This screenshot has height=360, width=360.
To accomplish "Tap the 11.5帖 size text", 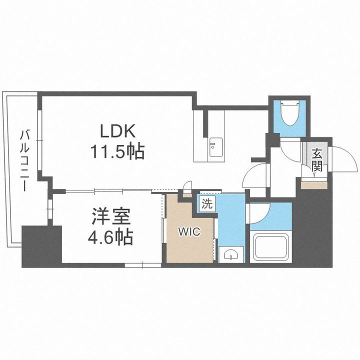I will (x=117, y=150).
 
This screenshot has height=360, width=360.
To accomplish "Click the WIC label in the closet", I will (x=189, y=232).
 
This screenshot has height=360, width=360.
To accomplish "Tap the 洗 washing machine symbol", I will (x=206, y=203).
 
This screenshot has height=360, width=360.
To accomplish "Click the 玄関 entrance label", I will (x=316, y=160).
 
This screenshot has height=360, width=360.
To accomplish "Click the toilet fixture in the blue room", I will (x=289, y=112).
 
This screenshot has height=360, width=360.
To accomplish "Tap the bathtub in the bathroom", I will (x=270, y=247).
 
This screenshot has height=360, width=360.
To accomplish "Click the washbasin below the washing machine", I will (x=230, y=255).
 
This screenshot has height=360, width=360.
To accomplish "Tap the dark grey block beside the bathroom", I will (x=312, y=227).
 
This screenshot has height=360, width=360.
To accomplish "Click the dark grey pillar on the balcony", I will (x=41, y=245).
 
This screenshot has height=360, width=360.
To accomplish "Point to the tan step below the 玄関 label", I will (x=313, y=183).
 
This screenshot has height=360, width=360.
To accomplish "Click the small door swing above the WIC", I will (x=186, y=190).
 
